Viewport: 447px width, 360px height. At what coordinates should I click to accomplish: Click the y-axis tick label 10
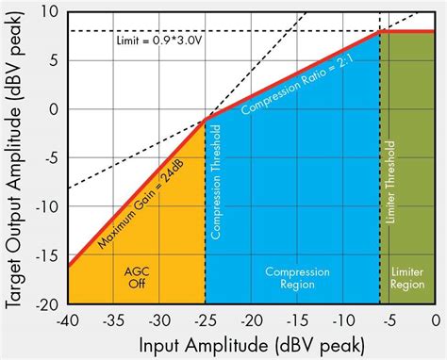pos(49,11)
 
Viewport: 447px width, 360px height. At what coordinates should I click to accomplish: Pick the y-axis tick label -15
pos(46,255)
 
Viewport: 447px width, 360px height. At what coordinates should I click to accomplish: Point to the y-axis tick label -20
pos(46,304)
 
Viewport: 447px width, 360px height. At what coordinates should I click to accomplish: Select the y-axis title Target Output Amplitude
pos(15,157)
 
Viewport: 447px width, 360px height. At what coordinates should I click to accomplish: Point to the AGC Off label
pos(137,274)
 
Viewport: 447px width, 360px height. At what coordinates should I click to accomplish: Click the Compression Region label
pos(292,274)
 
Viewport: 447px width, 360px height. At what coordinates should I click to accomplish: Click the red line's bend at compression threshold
pos(206,122)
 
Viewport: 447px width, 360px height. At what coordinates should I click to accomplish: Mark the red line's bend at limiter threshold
pos(380,31)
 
